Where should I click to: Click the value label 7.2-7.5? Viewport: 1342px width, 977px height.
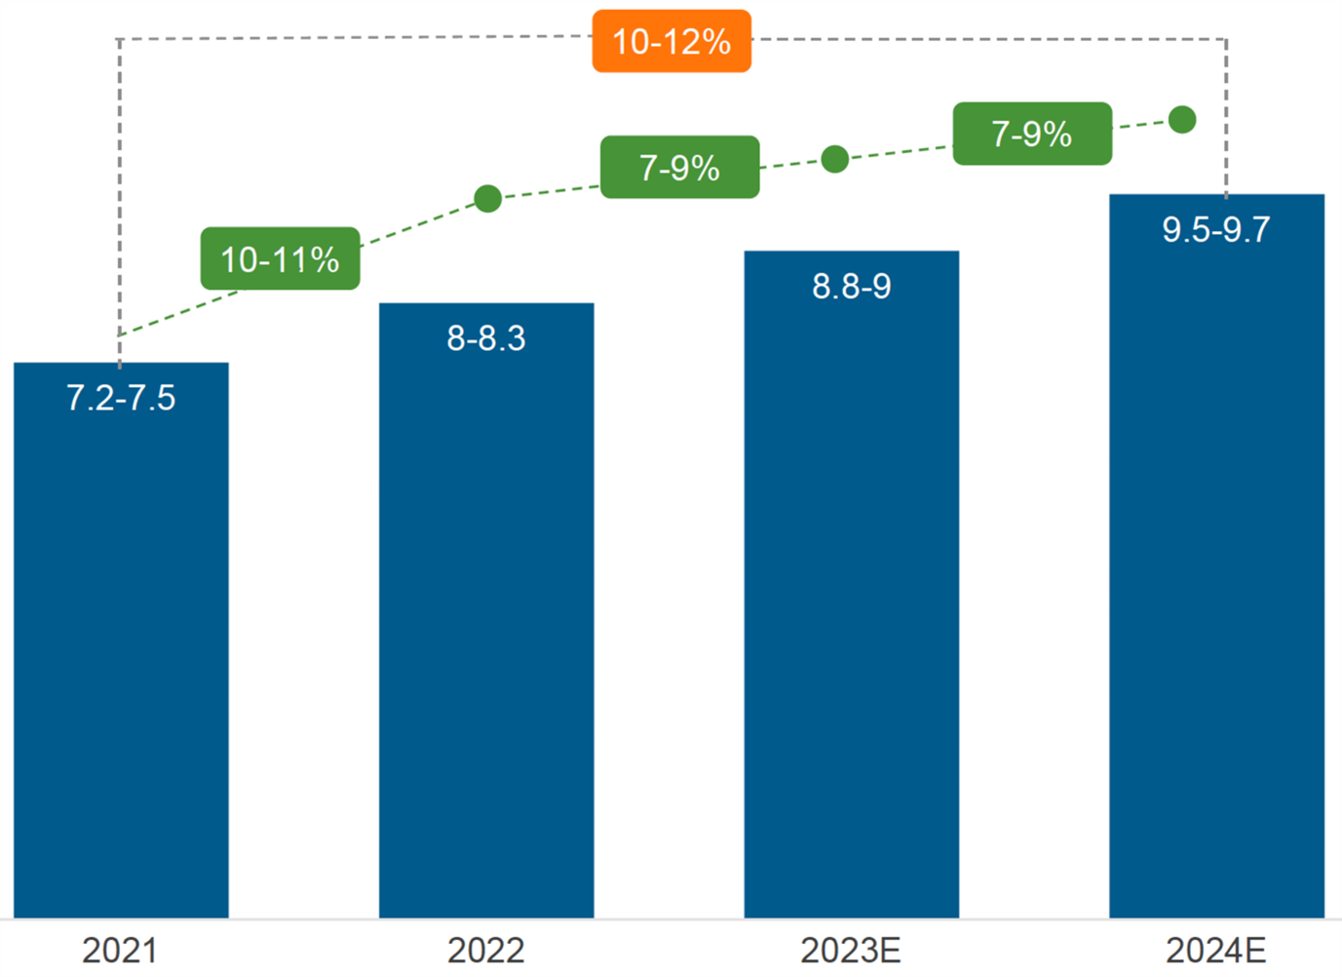(x=121, y=398)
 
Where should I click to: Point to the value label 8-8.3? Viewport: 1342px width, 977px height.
(x=486, y=338)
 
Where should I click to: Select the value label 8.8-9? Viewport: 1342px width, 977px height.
(x=851, y=287)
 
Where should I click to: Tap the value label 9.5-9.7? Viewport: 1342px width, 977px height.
(x=1216, y=230)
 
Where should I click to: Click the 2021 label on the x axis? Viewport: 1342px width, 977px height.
(x=119, y=950)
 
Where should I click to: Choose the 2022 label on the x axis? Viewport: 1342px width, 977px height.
(x=485, y=950)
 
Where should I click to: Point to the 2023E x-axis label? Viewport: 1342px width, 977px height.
(x=851, y=950)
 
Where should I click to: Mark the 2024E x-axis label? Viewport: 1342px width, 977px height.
(x=1216, y=950)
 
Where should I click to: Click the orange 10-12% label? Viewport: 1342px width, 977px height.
(x=671, y=42)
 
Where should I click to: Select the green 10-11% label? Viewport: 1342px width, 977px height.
(x=280, y=259)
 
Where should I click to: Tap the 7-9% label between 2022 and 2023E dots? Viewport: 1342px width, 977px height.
(x=679, y=168)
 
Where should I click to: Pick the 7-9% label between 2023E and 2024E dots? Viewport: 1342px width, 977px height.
(x=1032, y=134)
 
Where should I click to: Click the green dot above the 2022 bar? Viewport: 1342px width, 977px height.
(x=488, y=199)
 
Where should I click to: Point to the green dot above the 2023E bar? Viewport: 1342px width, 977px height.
(x=834, y=159)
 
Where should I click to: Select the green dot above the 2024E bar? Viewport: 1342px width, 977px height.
(x=1182, y=120)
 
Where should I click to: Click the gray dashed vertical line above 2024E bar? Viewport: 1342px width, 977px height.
(x=1226, y=117)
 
